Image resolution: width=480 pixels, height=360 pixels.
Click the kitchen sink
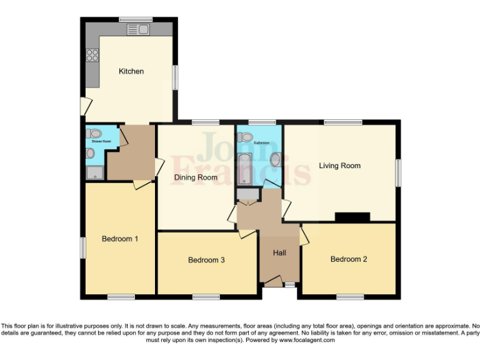(137, 29)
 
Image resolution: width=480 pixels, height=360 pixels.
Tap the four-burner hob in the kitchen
(93, 55)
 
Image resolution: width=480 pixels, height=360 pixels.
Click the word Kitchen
(131, 71)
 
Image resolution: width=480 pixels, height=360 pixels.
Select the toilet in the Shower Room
(94, 133)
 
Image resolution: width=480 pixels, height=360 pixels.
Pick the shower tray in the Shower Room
(95, 172)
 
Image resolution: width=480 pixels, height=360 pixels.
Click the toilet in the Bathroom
(246, 137)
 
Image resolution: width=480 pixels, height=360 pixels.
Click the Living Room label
(339, 166)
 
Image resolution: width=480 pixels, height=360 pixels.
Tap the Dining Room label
(195, 177)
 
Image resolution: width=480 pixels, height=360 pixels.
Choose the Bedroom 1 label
(119, 239)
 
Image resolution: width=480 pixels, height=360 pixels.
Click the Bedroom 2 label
(349, 259)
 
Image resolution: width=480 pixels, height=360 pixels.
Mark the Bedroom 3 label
(206, 260)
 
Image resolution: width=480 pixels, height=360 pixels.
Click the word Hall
(279, 253)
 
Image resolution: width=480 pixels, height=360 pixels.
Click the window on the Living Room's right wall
(398, 172)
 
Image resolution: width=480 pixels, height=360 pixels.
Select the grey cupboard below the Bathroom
(247, 196)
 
